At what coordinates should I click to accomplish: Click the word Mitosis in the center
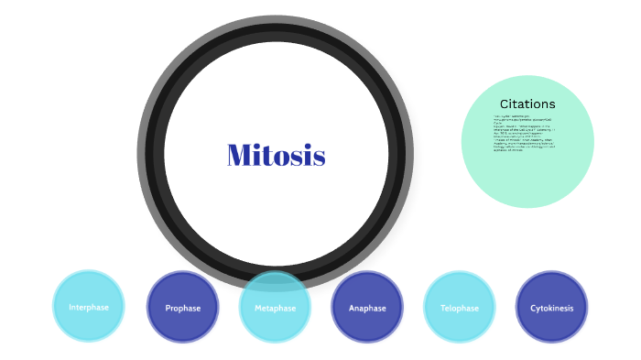click(x=276, y=156)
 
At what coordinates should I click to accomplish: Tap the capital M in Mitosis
click(x=238, y=156)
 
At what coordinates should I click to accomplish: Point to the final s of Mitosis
click(x=320, y=158)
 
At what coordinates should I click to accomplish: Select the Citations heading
click(x=527, y=104)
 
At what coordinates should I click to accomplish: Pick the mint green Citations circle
click(x=528, y=169)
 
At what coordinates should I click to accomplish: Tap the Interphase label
click(x=89, y=308)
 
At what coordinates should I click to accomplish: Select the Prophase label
click(x=183, y=309)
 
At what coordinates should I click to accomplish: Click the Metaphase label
click(x=276, y=309)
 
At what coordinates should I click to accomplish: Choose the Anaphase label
click(x=367, y=309)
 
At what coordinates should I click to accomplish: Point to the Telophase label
click(x=460, y=309)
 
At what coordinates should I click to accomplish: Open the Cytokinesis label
click(x=552, y=309)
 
